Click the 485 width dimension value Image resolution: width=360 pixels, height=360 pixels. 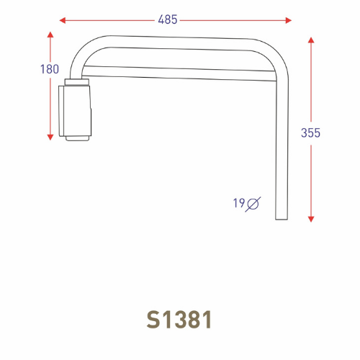(167, 19)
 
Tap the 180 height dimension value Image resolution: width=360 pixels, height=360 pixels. (50, 70)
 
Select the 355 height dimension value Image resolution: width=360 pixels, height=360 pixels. (311, 132)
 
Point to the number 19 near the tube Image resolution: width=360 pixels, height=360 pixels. (238, 204)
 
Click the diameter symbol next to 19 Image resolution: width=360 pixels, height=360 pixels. (253, 204)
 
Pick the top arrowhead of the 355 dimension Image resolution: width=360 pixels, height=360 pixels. (311, 40)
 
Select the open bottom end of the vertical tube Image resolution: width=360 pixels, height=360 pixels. (281, 219)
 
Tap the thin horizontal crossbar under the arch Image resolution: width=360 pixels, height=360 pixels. (180, 70)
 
